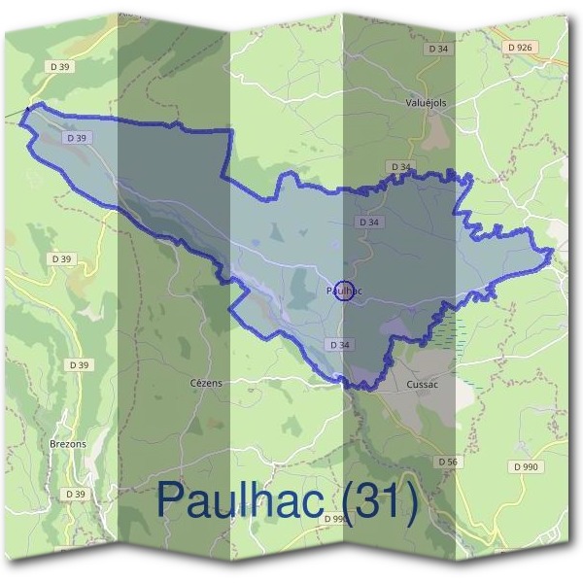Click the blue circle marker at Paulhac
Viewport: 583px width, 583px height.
[343, 290]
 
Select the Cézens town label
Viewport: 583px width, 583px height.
[205, 383]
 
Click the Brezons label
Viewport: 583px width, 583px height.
[67, 443]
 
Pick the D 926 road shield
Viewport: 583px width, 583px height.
[521, 47]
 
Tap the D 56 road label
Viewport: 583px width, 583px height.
[447, 461]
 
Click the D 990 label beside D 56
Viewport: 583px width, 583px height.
[524, 467]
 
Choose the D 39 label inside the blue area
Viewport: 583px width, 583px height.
[77, 139]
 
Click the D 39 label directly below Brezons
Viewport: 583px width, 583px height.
[76, 494]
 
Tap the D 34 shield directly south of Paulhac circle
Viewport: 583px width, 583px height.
[339, 345]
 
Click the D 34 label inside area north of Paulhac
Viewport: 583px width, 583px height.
[368, 223]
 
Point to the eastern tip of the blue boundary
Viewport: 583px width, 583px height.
[553, 255]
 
